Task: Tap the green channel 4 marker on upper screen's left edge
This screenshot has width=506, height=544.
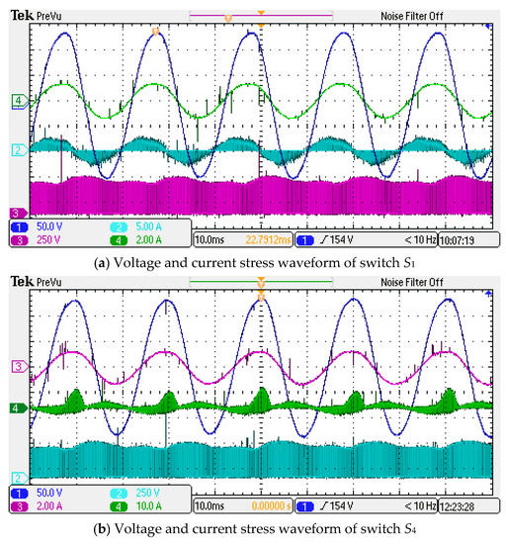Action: point(17,101)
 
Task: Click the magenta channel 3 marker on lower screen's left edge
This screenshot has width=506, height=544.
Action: point(17,367)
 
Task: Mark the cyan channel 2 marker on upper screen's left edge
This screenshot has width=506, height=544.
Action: point(17,150)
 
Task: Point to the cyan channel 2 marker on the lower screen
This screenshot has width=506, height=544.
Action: point(17,477)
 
